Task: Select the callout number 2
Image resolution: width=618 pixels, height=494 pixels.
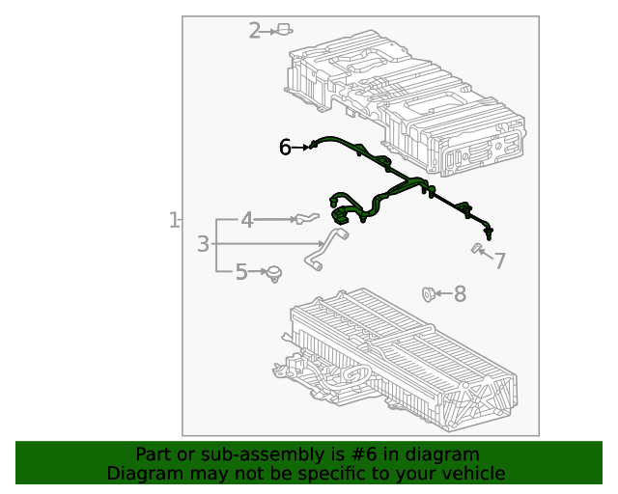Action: pos(255,31)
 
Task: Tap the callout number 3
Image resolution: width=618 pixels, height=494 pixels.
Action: pos(203,244)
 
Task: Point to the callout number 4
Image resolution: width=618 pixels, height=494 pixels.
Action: pos(247,221)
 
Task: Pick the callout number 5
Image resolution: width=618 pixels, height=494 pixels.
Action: pos(241,273)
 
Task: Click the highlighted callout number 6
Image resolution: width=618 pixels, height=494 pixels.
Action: pos(285,147)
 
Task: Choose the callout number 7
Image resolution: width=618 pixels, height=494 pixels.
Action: pos(500,261)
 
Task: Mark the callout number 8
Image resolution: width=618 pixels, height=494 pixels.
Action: pos(460,293)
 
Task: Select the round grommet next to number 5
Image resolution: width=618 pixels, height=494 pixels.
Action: pos(275,274)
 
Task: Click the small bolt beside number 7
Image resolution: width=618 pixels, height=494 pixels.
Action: pos(476,250)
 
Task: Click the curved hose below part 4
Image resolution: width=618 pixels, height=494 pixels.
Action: pos(326,247)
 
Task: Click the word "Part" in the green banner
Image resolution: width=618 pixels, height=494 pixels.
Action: pos(154,454)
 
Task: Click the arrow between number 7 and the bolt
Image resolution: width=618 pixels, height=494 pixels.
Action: pos(488,257)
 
